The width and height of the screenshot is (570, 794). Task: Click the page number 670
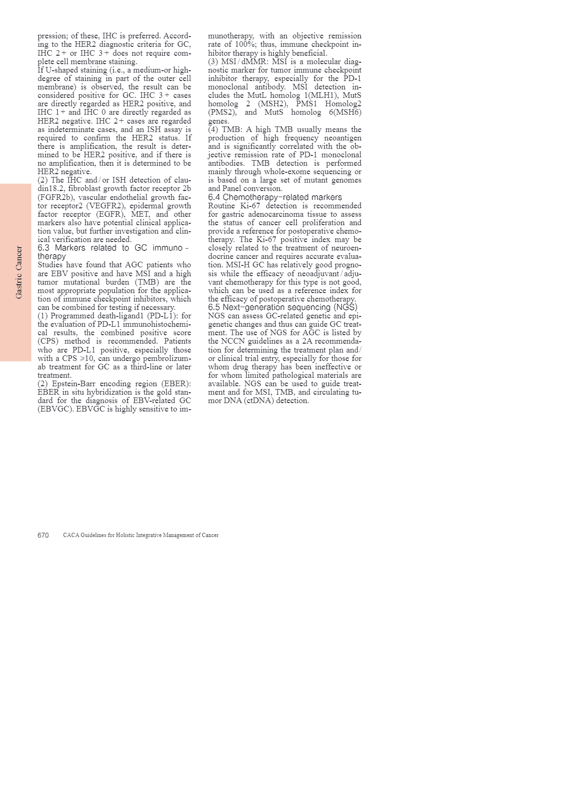43,535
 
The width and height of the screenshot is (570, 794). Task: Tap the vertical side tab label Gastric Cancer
19,272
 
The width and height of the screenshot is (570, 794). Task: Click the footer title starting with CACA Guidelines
140,535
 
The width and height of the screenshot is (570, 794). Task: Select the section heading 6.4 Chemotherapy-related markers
275,197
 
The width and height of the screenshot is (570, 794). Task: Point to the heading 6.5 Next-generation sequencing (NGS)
283,307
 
